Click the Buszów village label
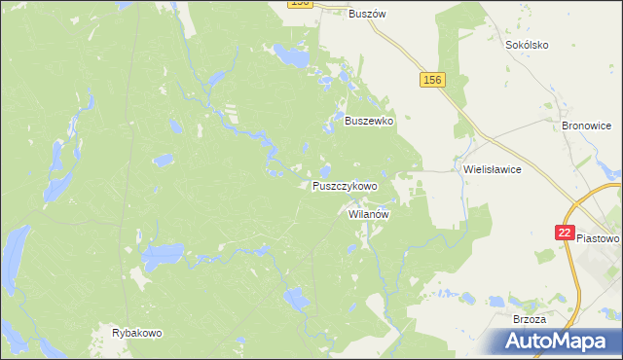[368, 14]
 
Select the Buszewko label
[369, 121]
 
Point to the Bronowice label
[587, 126]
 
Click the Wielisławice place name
[493, 168]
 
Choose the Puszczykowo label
[345, 185]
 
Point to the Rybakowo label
[137, 333]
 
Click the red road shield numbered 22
[565, 233]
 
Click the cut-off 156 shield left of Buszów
[300, 4]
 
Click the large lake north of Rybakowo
[161, 257]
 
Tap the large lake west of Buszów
[291, 56]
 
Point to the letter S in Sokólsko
[508, 45]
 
